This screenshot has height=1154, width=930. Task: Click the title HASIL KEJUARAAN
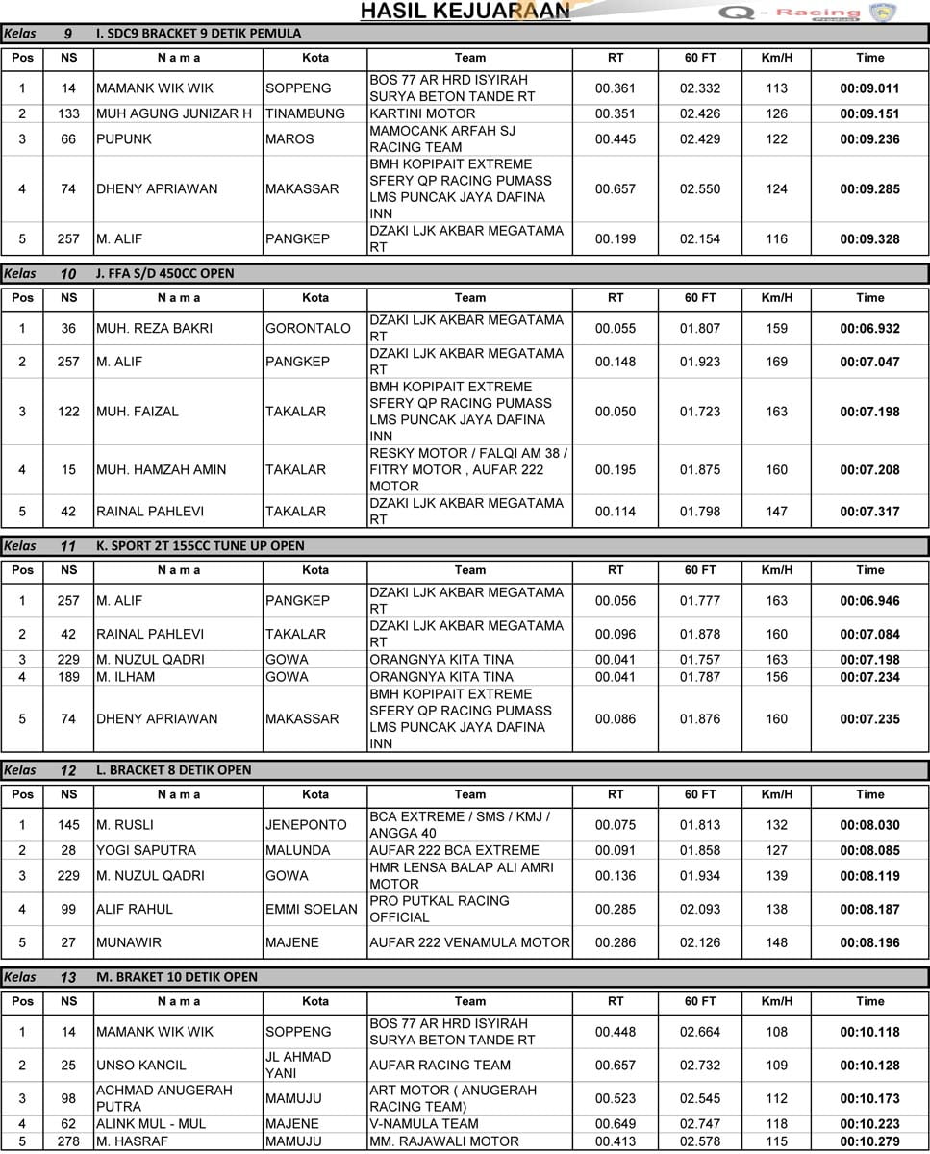pyautogui.click(x=465, y=11)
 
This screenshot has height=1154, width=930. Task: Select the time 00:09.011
pyautogui.click(x=869, y=88)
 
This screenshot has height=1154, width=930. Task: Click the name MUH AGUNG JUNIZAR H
pyautogui.click(x=174, y=113)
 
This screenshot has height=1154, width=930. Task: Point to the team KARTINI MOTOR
pyautogui.click(x=422, y=113)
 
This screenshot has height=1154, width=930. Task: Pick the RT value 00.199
pyautogui.click(x=616, y=239)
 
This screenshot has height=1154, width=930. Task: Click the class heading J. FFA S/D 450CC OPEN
pyautogui.click(x=165, y=273)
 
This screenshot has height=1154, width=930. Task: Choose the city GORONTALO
pyautogui.click(x=308, y=329)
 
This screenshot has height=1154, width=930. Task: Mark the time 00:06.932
pyautogui.click(x=869, y=329)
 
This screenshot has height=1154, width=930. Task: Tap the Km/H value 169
pyautogui.click(x=776, y=363)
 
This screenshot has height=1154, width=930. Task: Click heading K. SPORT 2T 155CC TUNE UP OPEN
pyautogui.click(x=200, y=546)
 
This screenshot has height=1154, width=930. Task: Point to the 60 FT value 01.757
pyautogui.click(x=700, y=660)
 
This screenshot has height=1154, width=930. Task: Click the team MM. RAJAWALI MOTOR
pyautogui.click(x=444, y=1141)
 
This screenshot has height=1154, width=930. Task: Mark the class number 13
pyautogui.click(x=68, y=978)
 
